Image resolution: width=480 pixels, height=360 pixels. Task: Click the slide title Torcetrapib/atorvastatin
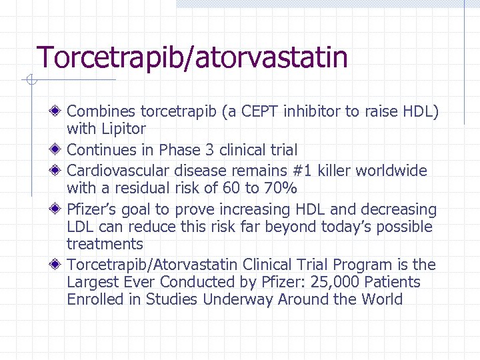point(192,57)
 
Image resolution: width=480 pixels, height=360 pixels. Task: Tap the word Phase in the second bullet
point(181,150)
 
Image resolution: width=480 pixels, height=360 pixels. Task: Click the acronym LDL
point(81,227)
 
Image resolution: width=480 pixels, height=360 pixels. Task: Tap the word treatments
point(105,245)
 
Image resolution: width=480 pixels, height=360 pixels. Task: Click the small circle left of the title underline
point(29,81)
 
